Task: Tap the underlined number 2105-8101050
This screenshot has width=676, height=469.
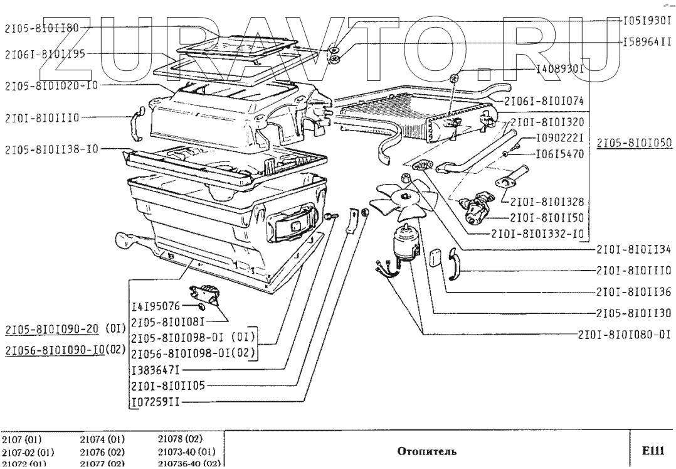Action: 633,143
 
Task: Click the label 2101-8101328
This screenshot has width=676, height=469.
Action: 547,202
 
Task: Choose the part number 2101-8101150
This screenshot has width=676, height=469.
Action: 547,218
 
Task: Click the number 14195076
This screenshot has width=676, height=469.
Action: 156,306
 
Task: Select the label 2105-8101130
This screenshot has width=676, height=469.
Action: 633,313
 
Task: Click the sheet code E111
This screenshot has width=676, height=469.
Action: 652,450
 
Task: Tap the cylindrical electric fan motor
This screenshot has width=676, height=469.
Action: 405,245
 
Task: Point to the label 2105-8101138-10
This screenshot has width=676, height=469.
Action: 51,150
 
